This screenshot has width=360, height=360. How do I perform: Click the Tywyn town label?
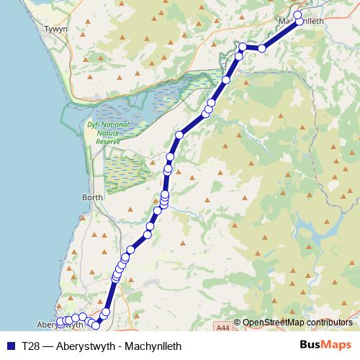[x=55, y=30]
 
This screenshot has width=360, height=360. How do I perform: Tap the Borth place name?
[x=93, y=197]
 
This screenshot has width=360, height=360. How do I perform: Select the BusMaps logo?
[x=325, y=346]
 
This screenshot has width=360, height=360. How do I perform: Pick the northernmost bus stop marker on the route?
[x=298, y=14]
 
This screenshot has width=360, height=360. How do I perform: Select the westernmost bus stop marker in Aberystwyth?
[x=60, y=322]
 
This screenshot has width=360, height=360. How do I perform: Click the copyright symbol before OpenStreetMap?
[x=238, y=323]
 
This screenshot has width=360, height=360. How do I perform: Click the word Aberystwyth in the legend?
[x=81, y=346]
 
